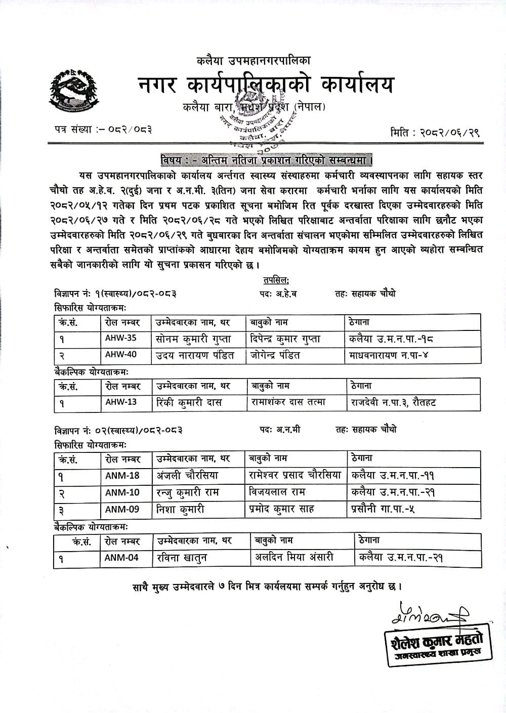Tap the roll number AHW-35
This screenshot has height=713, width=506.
click(121, 339)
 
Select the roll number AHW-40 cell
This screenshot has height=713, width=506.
click(121, 355)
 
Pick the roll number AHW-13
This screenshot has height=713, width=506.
click(121, 402)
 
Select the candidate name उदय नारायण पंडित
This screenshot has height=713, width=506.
click(195, 355)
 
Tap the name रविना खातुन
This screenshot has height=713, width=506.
click(182, 558)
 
